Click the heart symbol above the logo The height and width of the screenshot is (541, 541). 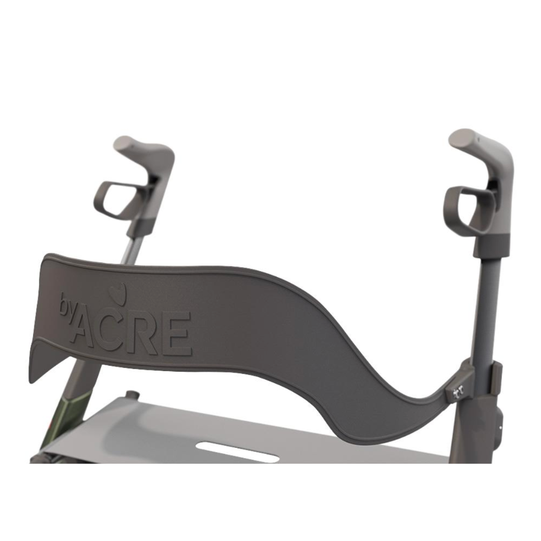tap(118, 294)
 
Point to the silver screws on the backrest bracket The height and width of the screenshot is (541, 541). tap(457, 394)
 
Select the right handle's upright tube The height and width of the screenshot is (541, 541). tap(483, 311)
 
